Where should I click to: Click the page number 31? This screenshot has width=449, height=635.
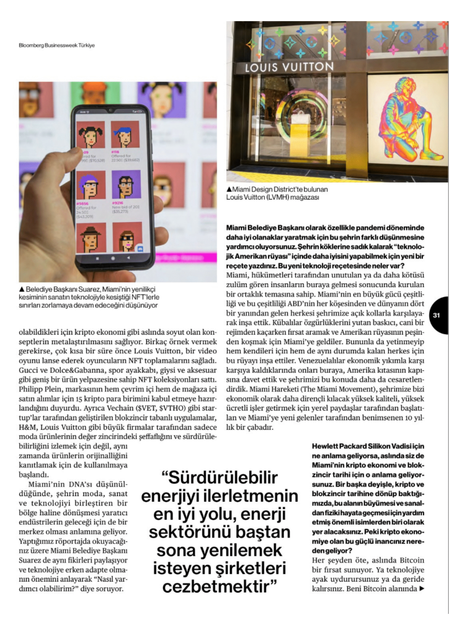437,315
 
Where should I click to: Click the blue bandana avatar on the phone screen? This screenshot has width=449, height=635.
126,133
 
